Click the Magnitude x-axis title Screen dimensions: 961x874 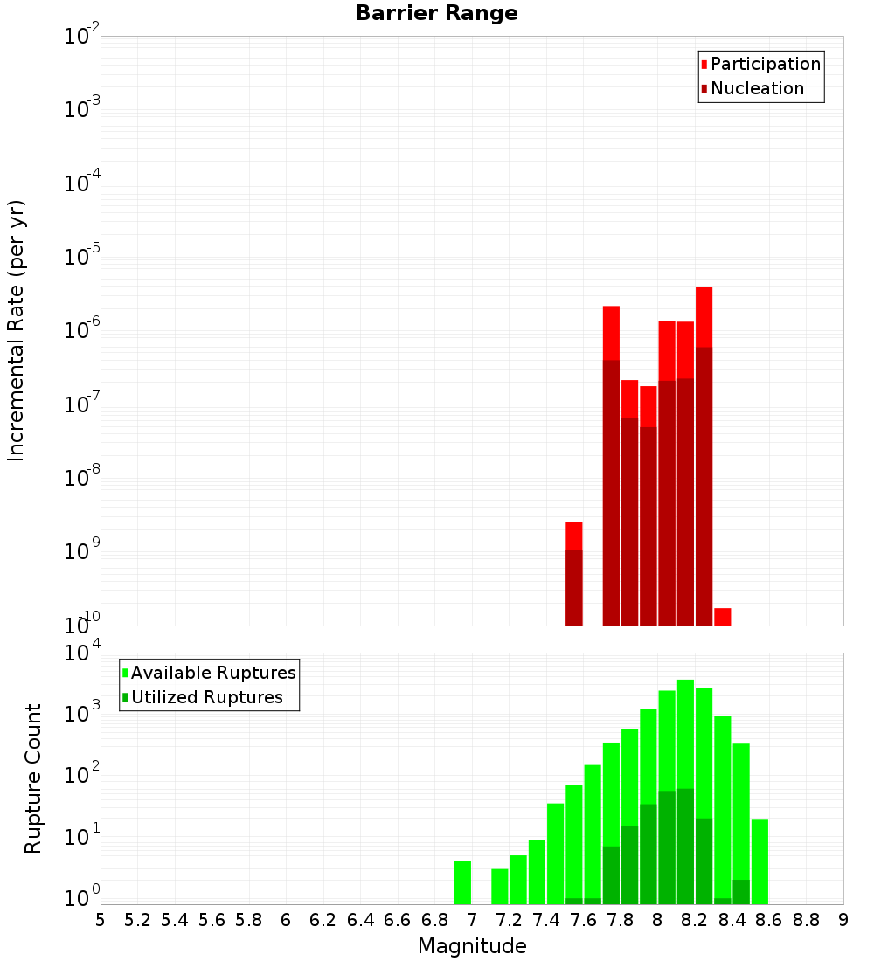click(472, 946)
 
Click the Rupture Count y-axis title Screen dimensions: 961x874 click(33, 778)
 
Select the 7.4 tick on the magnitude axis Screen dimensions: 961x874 click(546, 920)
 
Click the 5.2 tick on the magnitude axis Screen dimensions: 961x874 click(137, 920)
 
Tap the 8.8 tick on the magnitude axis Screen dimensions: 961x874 click(806, 920)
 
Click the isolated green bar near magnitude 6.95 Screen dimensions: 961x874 click(462, 882)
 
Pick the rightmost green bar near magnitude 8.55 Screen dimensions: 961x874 click(760, 861)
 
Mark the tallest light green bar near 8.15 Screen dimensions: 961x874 click(685, 734)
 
